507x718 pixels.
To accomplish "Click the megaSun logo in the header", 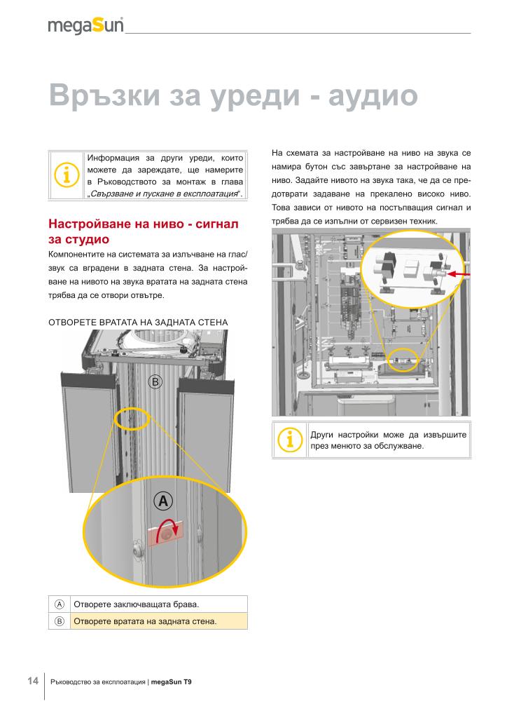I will click(x=85, y=25).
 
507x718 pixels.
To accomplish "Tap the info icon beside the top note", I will click(x=67, y=175).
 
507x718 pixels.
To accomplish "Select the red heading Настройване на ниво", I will click(x=144, y=224).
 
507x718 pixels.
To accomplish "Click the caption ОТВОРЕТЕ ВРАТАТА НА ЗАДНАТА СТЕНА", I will click(x=138, y=322).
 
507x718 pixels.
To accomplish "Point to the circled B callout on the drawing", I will click(x=155, y=382).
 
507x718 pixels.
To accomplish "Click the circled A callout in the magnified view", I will click(x=162, y=501).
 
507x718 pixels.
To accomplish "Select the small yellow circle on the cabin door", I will click(x=131, y=418).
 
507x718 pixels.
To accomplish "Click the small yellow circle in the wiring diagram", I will click(x=402, y=359).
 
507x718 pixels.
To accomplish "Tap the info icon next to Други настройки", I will click(x=289, y=440).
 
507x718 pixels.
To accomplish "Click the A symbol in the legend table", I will click(x=60, y=604).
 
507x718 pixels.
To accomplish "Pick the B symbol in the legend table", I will click(x=60, y=621).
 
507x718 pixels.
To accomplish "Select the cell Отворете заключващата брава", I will click(x=137, y=604).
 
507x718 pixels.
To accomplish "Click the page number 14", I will click(x=33, y=681).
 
